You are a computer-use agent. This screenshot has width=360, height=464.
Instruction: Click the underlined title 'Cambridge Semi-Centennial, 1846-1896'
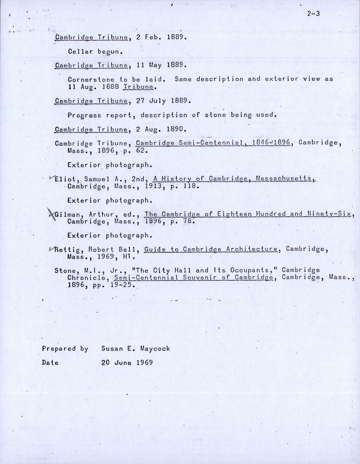(x=213, y=143)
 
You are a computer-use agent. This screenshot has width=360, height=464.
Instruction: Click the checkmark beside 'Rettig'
(x=52, y=249)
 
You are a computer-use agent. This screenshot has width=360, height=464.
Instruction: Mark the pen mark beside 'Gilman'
(x=50, y=213)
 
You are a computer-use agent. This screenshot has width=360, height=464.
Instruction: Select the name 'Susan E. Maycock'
(x=135, y=349)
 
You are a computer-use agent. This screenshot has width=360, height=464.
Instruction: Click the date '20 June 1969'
(x=127, y=363)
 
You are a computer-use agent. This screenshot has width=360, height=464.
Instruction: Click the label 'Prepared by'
(x=65, y=349)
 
